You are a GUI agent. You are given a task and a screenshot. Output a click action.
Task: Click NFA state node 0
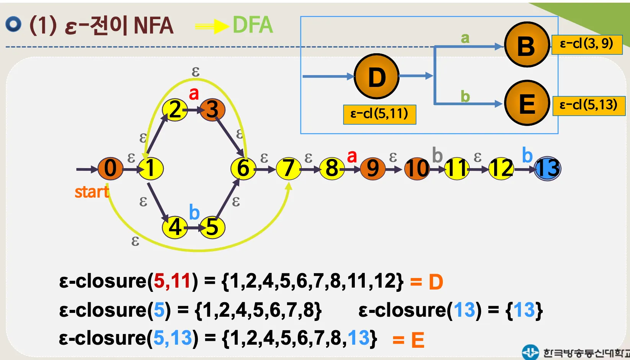pyautogui.click(x=110, y=169)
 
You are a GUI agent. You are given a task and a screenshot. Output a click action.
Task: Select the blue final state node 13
pyautogui.click(x=547, y=169)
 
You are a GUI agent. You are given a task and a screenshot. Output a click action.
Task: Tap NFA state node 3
pyautogui.click(x=212, y=110)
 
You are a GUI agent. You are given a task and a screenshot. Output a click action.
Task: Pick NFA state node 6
pyautogui.click(x=243, y=169)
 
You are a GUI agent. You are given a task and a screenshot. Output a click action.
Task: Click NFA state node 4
pyautogui.click(x=175, y=227)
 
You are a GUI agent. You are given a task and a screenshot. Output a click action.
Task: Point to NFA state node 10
pyautogui.click(x=417, y=169)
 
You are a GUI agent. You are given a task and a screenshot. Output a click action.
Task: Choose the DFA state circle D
pyautogui.click(x=377, y=76)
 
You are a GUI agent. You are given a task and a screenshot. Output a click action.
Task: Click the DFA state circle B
pyautogui.click(x=527, y=44)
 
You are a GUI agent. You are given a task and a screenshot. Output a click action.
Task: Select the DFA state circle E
pyautogui.click(x=527, y=103)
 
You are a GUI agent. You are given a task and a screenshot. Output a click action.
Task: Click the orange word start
pyautogui.click(x=92, y=192)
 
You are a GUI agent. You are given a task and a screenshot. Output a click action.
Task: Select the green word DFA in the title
pyautogui.click(x=253, y=25)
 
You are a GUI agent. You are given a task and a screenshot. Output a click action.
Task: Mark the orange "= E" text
pyautogui.click(x=408, y=340)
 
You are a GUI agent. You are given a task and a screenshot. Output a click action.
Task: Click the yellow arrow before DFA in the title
pyautogui.click(x=212, y=26)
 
